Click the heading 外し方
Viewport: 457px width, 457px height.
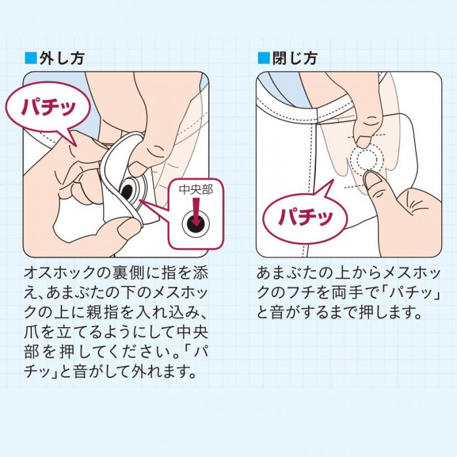(61, 58)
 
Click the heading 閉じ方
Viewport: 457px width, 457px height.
(294, 58)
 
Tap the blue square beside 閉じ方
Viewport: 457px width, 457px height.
(264, 58)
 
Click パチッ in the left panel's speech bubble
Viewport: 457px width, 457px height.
(48, 107)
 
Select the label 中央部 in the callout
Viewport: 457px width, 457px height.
(196, 190)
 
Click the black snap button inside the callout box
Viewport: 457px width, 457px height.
(196, 223)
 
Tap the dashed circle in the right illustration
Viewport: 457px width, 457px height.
(364, 159)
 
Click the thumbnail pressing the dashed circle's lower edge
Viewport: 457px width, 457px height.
(371, 180)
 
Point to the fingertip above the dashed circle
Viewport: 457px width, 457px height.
(363, 142)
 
